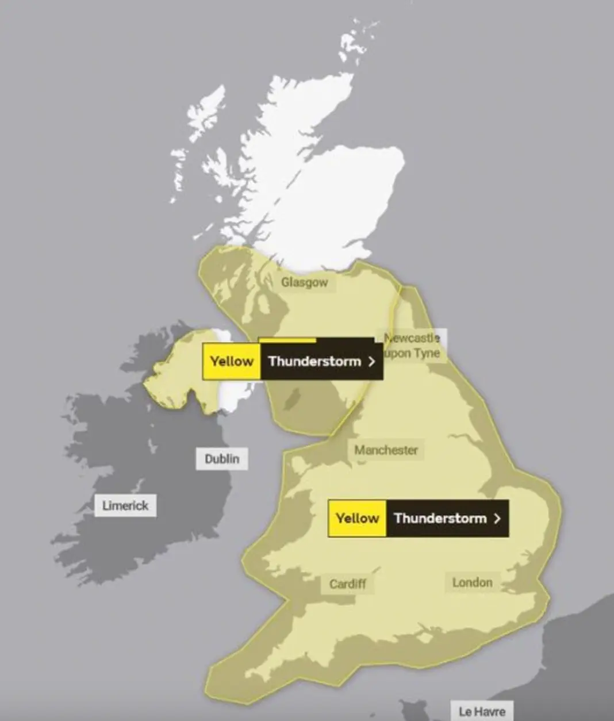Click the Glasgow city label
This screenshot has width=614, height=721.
304,282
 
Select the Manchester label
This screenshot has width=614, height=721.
386,450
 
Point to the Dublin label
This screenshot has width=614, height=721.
222,459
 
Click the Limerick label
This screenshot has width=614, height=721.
125,506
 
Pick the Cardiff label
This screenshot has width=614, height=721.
348,584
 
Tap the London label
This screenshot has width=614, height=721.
472,582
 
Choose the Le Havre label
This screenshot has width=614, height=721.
481,712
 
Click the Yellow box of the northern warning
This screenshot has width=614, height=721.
232,362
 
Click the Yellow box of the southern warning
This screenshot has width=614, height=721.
357,518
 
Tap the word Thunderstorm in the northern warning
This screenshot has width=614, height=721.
314,362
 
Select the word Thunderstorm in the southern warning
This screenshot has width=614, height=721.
440,518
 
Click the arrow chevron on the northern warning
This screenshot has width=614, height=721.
371,362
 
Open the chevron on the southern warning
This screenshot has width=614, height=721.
497,518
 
